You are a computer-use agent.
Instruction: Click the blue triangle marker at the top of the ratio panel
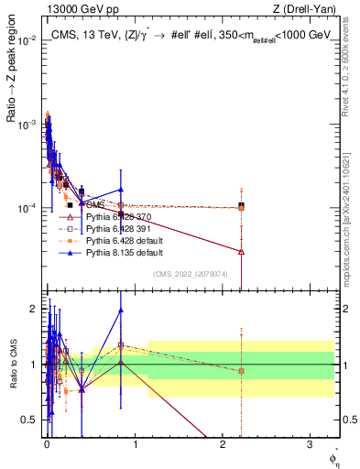[x=120, y=310]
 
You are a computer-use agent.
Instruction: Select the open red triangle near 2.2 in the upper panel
[x=241, y=251]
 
